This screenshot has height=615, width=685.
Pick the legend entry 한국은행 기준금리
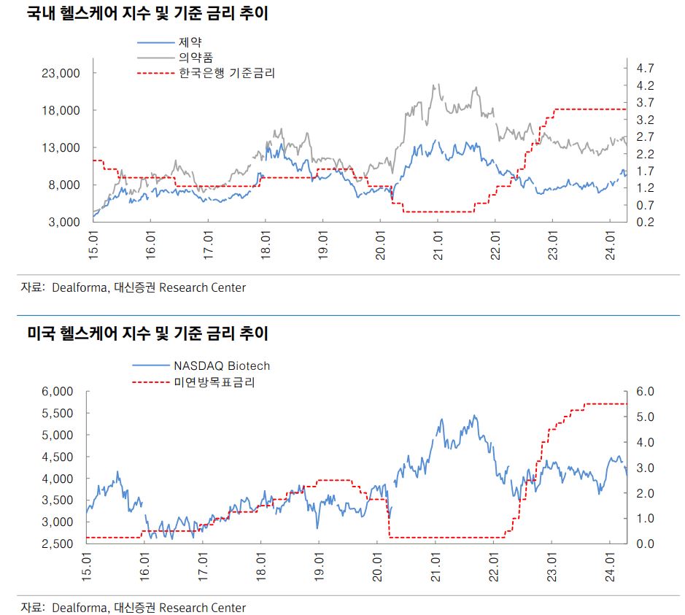[x=227, y=73]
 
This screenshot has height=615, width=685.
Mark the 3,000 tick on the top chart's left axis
[x=64, y=222]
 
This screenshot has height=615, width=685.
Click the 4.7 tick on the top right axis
[x=644, y=68]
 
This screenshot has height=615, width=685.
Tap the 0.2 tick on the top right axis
[x=644, y=222]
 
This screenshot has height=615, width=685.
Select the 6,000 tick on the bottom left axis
[x=58, y=392]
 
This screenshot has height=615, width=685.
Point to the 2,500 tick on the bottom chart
[x=58, y=544]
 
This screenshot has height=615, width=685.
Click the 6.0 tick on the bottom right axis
[x=646, y=392]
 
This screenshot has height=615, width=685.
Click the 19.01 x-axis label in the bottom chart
[x=320, y=566]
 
